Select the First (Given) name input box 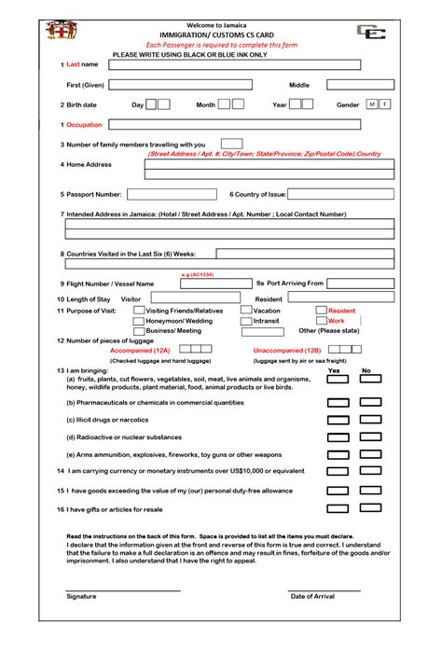tap(181, 85)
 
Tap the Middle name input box tap(359, 85)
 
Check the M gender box tap(372, 104)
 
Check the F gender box tap(385, 104)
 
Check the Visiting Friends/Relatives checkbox tap(138, 311)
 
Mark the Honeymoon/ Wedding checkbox tap(138, 321)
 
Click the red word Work tap(336, 321)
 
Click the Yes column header tap(334, 370)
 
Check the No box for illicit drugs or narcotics tap(370, 420)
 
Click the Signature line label tap(81, 596)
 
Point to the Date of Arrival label tap(312, 596)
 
